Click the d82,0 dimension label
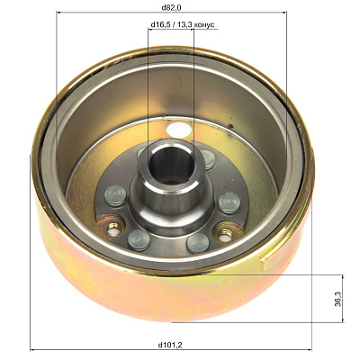(172, 7)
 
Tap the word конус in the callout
(204, 24)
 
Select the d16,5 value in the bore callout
(160, 24)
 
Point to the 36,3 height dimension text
(337, 298)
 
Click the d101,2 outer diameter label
(170, 345)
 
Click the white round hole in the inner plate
(179, 129)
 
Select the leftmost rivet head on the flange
(115, 195)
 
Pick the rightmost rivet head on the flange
(229, 202)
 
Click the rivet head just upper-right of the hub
(208, 159)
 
